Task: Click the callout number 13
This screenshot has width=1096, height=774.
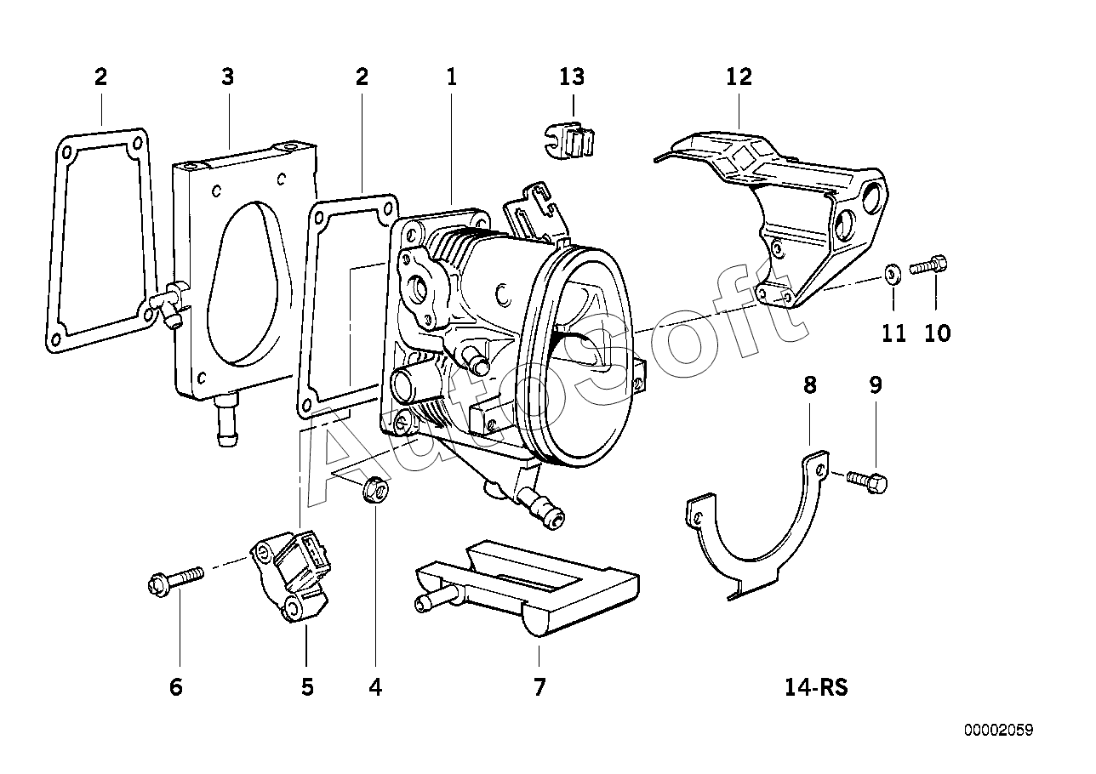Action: pos(572,77)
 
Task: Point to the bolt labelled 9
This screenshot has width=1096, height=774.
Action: pos(868,482)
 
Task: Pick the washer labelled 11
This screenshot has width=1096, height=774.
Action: pos(892,273)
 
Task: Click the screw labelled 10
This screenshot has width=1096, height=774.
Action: pos(929,266)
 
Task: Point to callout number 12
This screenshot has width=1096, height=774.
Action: pos(739,77)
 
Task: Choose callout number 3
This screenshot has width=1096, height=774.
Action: pos(227,77)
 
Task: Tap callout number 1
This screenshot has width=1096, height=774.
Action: pos(452,77)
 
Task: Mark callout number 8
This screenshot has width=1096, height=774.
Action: pos(809,385)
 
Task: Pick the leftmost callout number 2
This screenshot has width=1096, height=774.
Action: pos(100,77)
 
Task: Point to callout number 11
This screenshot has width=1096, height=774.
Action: pos(893,333)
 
